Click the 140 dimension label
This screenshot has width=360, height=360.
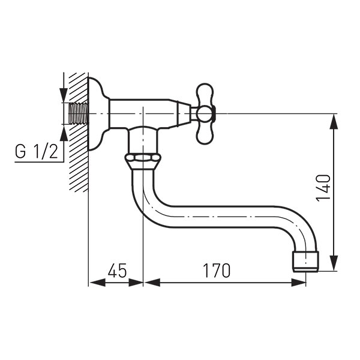click(323, 188)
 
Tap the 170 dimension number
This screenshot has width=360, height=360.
click(217, 271)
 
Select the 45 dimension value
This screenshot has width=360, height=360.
click(118, 271)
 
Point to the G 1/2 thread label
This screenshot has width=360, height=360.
click(37, 151)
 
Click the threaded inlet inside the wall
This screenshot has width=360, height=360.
click(79, 113)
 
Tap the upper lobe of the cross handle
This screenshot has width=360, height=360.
click(205, 94)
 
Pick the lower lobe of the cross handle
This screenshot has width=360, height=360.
click(205, 134)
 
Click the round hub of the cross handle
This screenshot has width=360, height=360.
click(205, 114)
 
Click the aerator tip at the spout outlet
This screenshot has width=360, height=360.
click(306, 262)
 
